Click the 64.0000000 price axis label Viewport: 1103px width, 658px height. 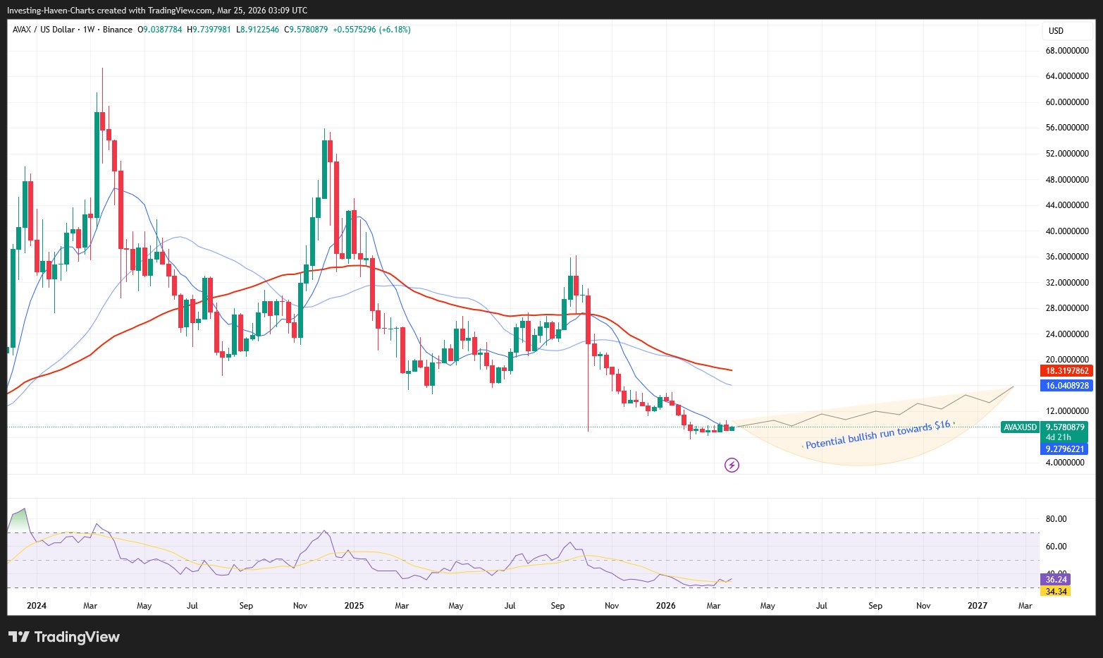(1067, 76)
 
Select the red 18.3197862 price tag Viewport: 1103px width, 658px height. (1067, 371)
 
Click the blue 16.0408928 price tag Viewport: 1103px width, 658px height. (1067, 386)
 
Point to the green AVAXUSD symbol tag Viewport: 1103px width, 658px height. (1020, 427)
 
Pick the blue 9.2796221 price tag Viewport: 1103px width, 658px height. (1066, 449)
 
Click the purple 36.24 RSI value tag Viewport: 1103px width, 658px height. (1056, 580)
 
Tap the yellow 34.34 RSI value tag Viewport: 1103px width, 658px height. (1056, 591)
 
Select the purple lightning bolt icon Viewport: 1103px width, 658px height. (732, 465)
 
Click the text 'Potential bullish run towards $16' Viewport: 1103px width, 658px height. (878, 434)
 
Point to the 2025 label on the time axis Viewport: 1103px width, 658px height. (354, 605)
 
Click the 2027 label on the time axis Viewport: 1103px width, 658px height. (977, 605)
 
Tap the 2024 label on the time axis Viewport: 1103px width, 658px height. (36, 605)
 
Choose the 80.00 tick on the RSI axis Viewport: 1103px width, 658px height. (1056, 519)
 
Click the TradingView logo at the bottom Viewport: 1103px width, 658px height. (64, 637)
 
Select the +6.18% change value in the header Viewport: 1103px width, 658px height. (396, 30)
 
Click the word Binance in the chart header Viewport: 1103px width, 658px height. (117, 30)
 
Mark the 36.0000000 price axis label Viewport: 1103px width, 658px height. (1067, 257)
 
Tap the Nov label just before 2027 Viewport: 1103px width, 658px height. (923, 605)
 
